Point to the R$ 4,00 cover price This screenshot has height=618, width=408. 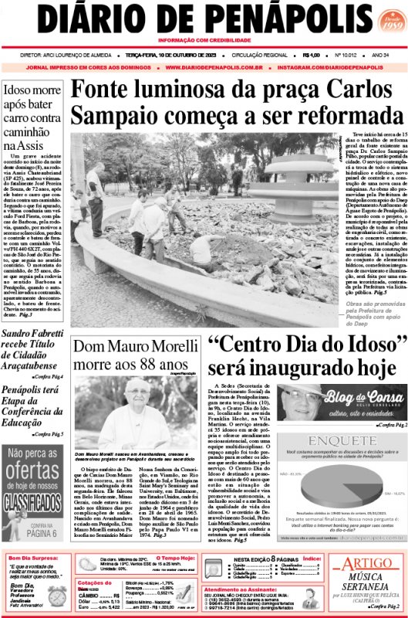[312, 56]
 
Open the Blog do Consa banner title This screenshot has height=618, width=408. [354, 397]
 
